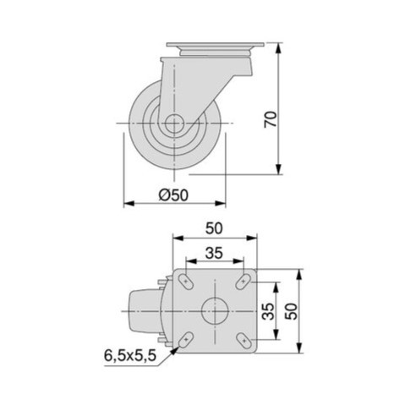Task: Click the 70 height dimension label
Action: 271,119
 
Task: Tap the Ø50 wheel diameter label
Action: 173,194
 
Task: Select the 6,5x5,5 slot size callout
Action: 130,355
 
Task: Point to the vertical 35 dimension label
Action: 268,311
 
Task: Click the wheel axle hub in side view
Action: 174,123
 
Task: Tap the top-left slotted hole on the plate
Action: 186,282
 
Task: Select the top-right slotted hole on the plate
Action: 244,282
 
